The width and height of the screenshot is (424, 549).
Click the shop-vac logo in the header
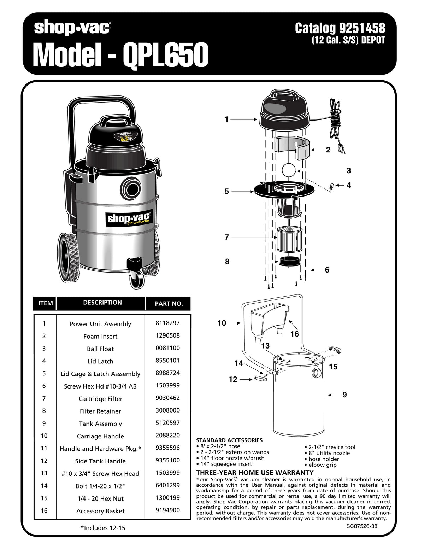tap(72, 28)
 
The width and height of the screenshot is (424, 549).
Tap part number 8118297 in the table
tap(167, 323)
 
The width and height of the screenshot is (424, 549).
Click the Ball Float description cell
tap(100, 349)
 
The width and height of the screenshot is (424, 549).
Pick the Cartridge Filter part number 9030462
tap(167, 398)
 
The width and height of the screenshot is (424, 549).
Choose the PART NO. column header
tap(169, 304)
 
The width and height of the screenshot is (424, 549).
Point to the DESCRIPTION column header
tap(102, 303)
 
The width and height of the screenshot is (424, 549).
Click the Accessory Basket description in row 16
tap(100, 511)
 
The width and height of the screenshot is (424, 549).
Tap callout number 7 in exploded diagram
tap(227, 238)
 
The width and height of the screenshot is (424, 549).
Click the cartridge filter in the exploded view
tap(289, 239)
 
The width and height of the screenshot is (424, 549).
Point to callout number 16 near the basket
tap(294, 334)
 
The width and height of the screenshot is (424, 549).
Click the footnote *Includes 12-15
tap(103, 528)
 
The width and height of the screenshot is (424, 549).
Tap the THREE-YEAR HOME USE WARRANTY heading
tap(255, 473)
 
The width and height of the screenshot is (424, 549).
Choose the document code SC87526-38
tap(361, 526)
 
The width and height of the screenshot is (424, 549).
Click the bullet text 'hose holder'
tap(324, 459)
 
